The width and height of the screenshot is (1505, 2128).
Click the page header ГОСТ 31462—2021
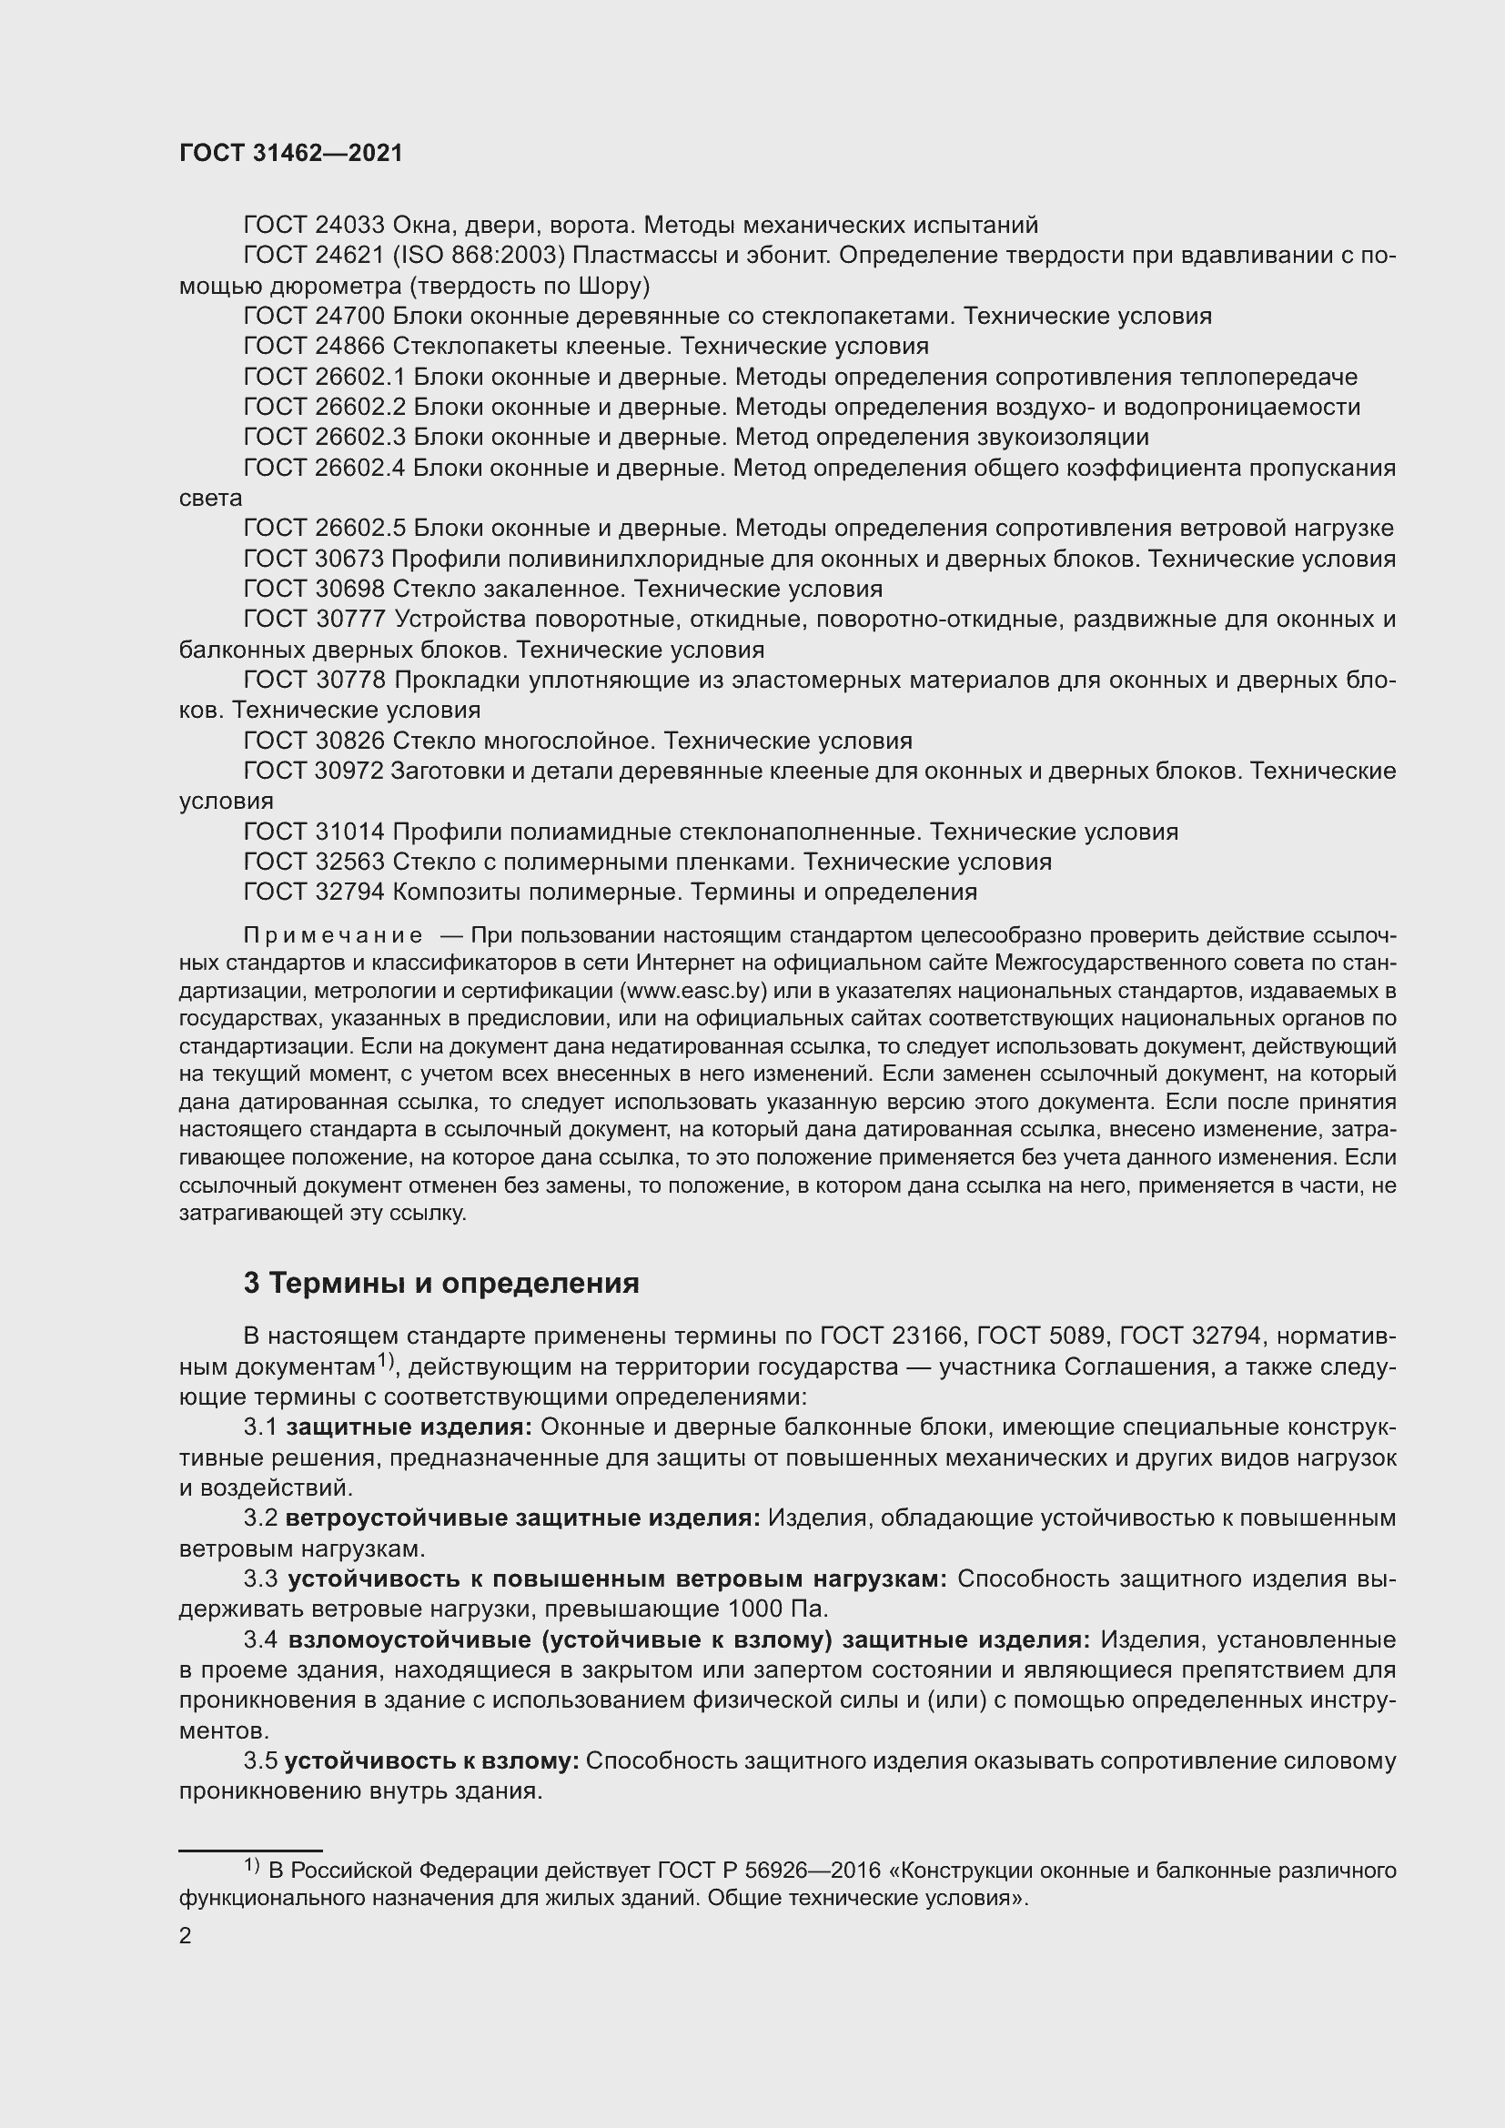(x=291, y=154)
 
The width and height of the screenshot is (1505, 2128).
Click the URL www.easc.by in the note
(x=696, y=991)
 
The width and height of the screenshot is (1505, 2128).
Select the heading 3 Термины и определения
(x=441, y=1283)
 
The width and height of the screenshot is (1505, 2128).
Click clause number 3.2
(x=260, y=1518)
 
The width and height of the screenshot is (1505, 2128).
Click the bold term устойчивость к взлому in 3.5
(x=431, y=1761)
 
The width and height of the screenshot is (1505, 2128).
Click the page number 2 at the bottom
(x=186, y=1936)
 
